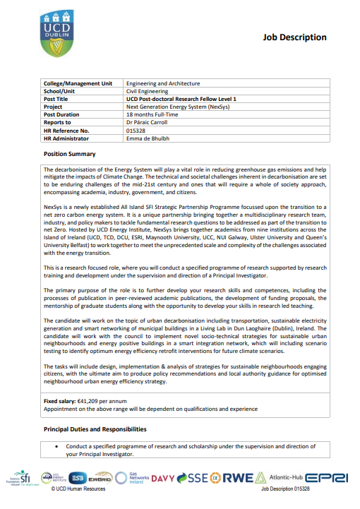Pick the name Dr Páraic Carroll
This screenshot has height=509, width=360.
147,122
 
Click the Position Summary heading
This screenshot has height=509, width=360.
70,154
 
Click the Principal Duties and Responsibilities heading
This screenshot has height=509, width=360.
95,429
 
